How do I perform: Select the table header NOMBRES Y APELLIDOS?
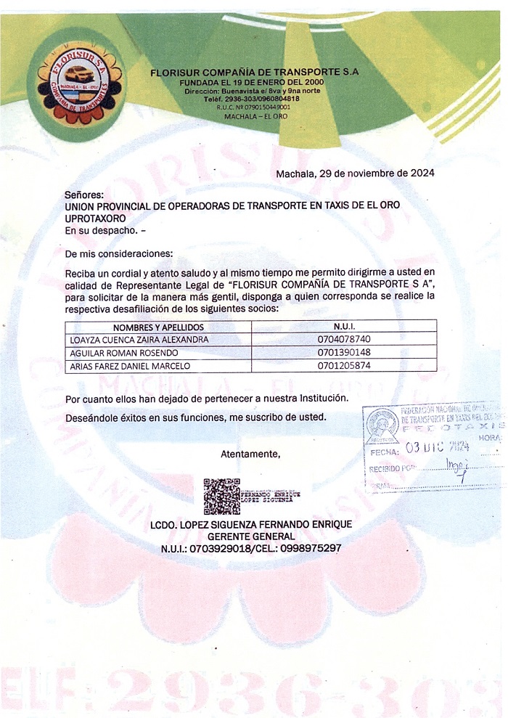(159, 327)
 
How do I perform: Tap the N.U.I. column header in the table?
(344, 327)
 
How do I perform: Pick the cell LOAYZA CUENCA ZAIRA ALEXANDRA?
(139, 339)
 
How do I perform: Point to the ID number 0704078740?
(344, 339)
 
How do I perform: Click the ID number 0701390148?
(344, 353)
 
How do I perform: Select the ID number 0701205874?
(344, 366)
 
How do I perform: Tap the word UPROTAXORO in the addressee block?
(96, 218)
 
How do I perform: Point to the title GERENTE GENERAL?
(250, 536)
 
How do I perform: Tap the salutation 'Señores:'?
(84, 195)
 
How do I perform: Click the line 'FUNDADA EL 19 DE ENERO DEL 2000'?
(251, 83)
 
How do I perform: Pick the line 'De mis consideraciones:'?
(119, 254)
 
